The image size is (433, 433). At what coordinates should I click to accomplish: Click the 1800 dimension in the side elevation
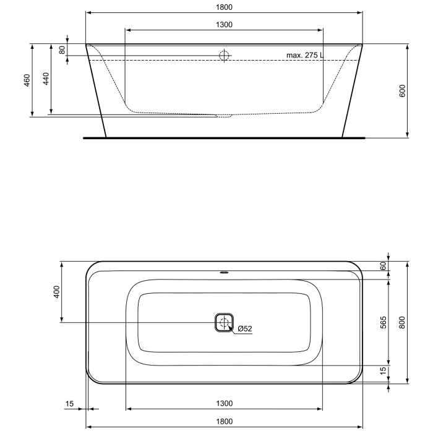[224, 7]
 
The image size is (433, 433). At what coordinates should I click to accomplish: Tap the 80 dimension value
[62, 49]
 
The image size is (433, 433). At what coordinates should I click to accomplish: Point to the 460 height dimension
[27, 80]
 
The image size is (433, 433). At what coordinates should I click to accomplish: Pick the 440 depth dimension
[46, 79]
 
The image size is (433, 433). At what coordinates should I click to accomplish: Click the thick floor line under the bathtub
[224, 137]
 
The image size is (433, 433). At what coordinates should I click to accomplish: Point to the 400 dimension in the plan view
[56, 291]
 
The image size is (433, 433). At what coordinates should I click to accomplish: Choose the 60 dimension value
[383, 265]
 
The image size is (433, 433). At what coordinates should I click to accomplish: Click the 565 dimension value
[383, 322]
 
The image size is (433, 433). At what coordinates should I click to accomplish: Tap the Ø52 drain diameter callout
[244, 328]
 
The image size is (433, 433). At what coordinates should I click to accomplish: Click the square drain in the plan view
[224, 322]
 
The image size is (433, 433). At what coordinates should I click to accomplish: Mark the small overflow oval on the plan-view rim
[224, 270]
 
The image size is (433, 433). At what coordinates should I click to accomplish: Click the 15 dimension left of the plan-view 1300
[70, 404]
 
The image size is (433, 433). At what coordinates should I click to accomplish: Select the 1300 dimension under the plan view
[224, 404]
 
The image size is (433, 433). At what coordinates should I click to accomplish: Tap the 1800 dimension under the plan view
[224, 421]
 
